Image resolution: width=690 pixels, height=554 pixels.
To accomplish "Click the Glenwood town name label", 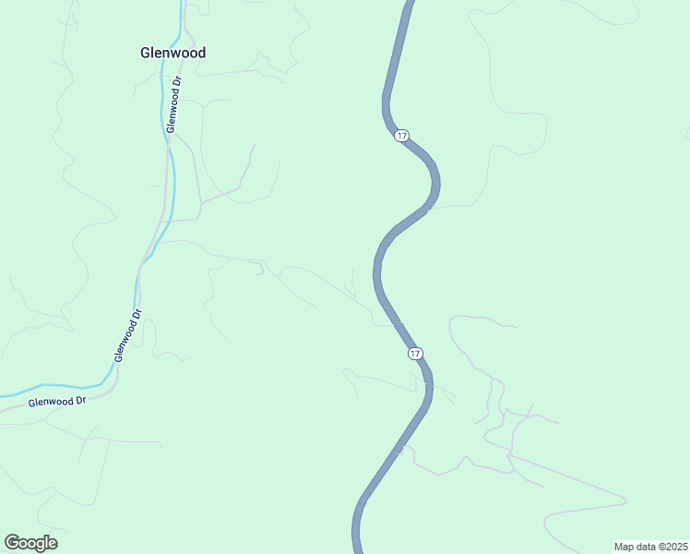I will click(172, 53).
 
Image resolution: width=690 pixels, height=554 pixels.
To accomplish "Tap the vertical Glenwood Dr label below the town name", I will click(173, 104).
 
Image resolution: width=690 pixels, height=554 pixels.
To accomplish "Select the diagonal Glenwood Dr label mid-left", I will click(127, 334).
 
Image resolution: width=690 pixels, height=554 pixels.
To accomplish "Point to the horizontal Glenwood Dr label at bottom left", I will click(56, 402).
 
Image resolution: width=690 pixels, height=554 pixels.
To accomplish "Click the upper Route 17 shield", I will click(401, 136).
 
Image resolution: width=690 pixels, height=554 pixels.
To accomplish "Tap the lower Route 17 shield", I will click(415, 354).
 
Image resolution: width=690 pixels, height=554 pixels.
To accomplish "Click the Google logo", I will click(30, 543).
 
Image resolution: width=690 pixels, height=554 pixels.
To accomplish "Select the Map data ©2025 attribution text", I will click(650, 547).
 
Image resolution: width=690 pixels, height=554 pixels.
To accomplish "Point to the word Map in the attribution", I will click(625, 547).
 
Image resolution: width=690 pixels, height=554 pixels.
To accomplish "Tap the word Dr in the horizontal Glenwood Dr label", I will click(79, 401).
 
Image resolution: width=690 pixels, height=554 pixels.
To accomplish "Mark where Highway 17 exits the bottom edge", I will click(357, 551).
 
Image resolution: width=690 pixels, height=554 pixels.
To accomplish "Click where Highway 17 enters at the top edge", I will click(407, 2).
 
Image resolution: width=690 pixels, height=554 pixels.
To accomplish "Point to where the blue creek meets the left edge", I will click(2, 394).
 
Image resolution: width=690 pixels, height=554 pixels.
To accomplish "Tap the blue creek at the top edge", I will click(179, 2).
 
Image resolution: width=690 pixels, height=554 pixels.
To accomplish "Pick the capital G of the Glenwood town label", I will click(146, 53).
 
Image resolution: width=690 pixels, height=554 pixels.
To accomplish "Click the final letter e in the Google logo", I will click(53, 544).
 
